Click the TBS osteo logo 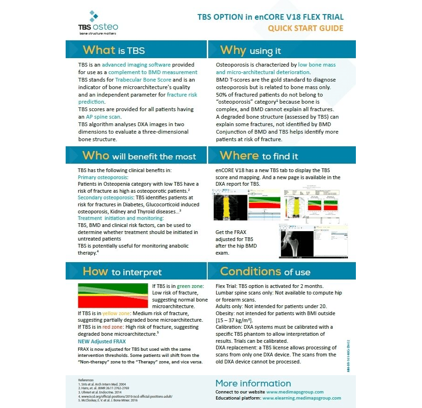coord(98,23)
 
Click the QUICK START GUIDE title coord(305,28)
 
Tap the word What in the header coord(99,50)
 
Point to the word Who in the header coord(96,156)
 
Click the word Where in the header coord(239,156)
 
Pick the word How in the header coord(95,272)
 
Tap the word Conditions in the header coord(250,272)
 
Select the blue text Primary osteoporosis coord(103,178)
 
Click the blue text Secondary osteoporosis coord(106,198)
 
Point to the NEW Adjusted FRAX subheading coord(102,341)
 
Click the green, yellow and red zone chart coord(113,295)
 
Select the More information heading coord(253,383)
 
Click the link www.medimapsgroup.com coord(295,392)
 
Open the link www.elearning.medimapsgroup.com coord(301,398)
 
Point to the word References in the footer coord(86,379)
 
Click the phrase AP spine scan coord(103,116)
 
